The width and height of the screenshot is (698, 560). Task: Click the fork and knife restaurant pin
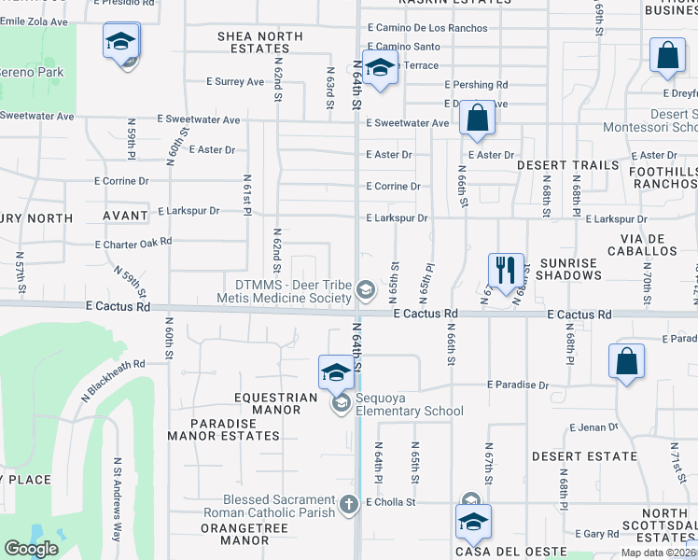pos(505,271)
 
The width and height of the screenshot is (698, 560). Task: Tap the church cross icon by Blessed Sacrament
pos(348,504)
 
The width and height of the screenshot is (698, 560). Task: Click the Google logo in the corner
pos(32,548)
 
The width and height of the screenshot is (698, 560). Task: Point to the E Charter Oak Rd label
pos(133,242)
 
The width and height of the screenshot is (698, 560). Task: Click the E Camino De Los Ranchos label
pos(427,28)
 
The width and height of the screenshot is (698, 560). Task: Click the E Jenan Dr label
pos(593,427)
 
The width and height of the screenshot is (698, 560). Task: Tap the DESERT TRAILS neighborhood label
pos(567,165)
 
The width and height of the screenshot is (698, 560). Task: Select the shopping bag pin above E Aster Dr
pos(477,119)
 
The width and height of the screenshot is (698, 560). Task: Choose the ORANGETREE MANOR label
pos(234,534)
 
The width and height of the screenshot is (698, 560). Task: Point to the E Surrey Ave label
pos(235,82)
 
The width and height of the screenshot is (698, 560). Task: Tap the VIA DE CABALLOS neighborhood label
pos(641,245)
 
